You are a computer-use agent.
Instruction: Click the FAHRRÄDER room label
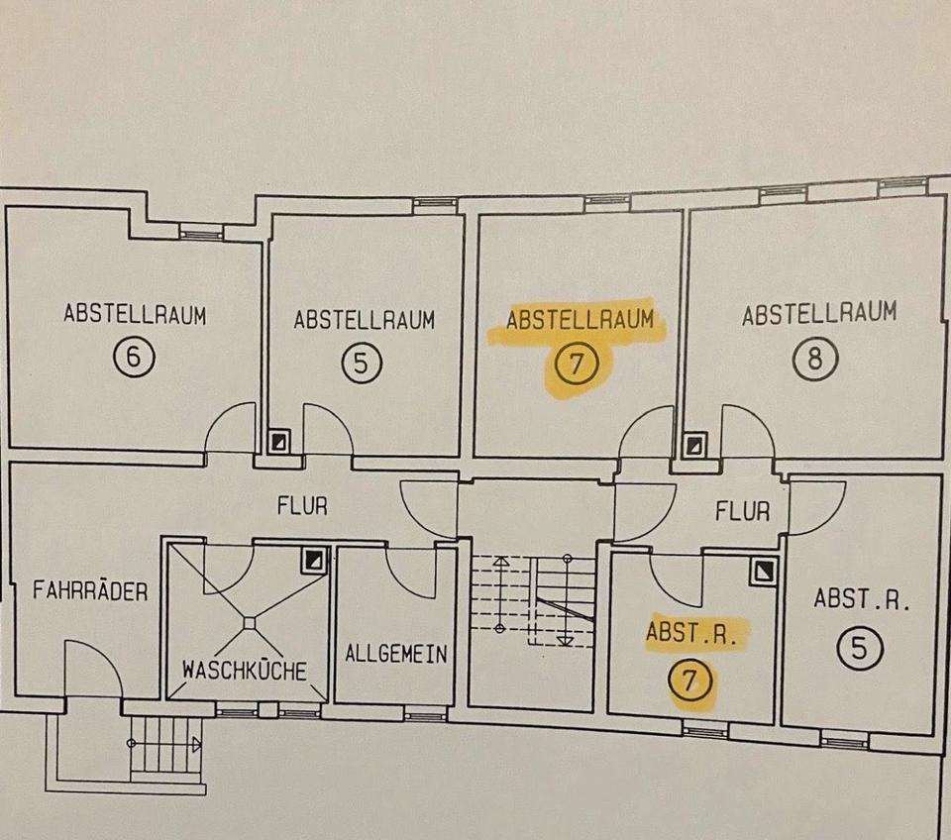[90, 592]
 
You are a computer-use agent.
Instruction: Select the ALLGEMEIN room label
[396, 655]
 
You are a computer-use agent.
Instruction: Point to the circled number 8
[815, 359]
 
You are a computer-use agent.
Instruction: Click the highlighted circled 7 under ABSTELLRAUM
[578, 365]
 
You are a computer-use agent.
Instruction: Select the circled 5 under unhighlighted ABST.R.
[860, 648]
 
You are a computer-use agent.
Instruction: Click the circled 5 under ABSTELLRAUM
[363, 364]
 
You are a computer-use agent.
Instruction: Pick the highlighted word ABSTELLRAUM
[581, 321]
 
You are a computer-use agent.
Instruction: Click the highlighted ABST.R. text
[691, 633]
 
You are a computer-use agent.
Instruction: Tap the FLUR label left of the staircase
[302, 506]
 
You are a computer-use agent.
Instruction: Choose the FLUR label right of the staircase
[743, 512]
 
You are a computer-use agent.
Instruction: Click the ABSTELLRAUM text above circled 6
[135, 315]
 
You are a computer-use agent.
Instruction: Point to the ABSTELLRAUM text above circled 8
[819, 315]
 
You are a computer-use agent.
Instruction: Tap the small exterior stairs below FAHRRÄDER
[165, 744]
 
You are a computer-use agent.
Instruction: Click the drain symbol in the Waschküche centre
[249, 622]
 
